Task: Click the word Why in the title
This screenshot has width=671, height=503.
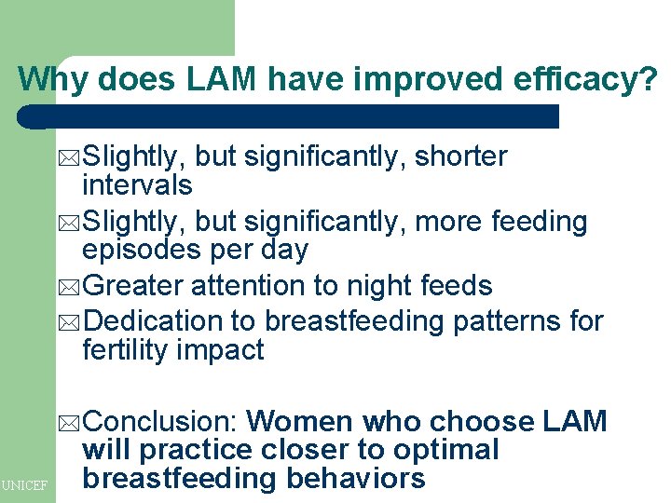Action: point(53,79)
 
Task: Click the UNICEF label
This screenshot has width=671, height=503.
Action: point(26,485)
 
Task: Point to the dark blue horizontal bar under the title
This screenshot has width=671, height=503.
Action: point(289,116)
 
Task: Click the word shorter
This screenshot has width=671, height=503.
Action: point(460,157)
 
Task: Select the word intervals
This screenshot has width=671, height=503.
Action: point(137,185)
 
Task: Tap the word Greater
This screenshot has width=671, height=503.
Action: point(140,286)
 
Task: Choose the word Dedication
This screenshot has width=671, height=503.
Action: point(155,321)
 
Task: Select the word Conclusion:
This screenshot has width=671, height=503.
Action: point(162,422)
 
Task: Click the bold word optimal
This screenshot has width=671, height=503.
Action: point(445,450)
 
